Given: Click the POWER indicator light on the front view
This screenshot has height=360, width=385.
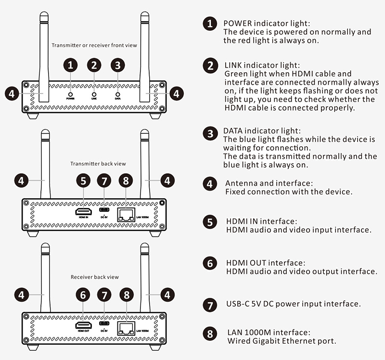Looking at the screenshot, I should [x=71, y=95].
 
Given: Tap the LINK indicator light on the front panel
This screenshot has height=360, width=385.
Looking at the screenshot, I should [x=94, y=95].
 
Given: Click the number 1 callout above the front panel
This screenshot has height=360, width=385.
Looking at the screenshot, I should [x=71, y=65].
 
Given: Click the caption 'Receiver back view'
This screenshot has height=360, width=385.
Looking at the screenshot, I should [x=94, y=277].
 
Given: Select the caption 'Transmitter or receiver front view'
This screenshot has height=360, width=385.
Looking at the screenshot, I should [x=94, y=45].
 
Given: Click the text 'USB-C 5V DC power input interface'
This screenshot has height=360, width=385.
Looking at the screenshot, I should [x=293, y=304].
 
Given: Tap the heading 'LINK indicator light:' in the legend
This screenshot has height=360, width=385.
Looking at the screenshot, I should [x=262, y=65].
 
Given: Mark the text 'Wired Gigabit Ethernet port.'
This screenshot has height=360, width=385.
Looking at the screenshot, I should [x=281, y=341].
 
